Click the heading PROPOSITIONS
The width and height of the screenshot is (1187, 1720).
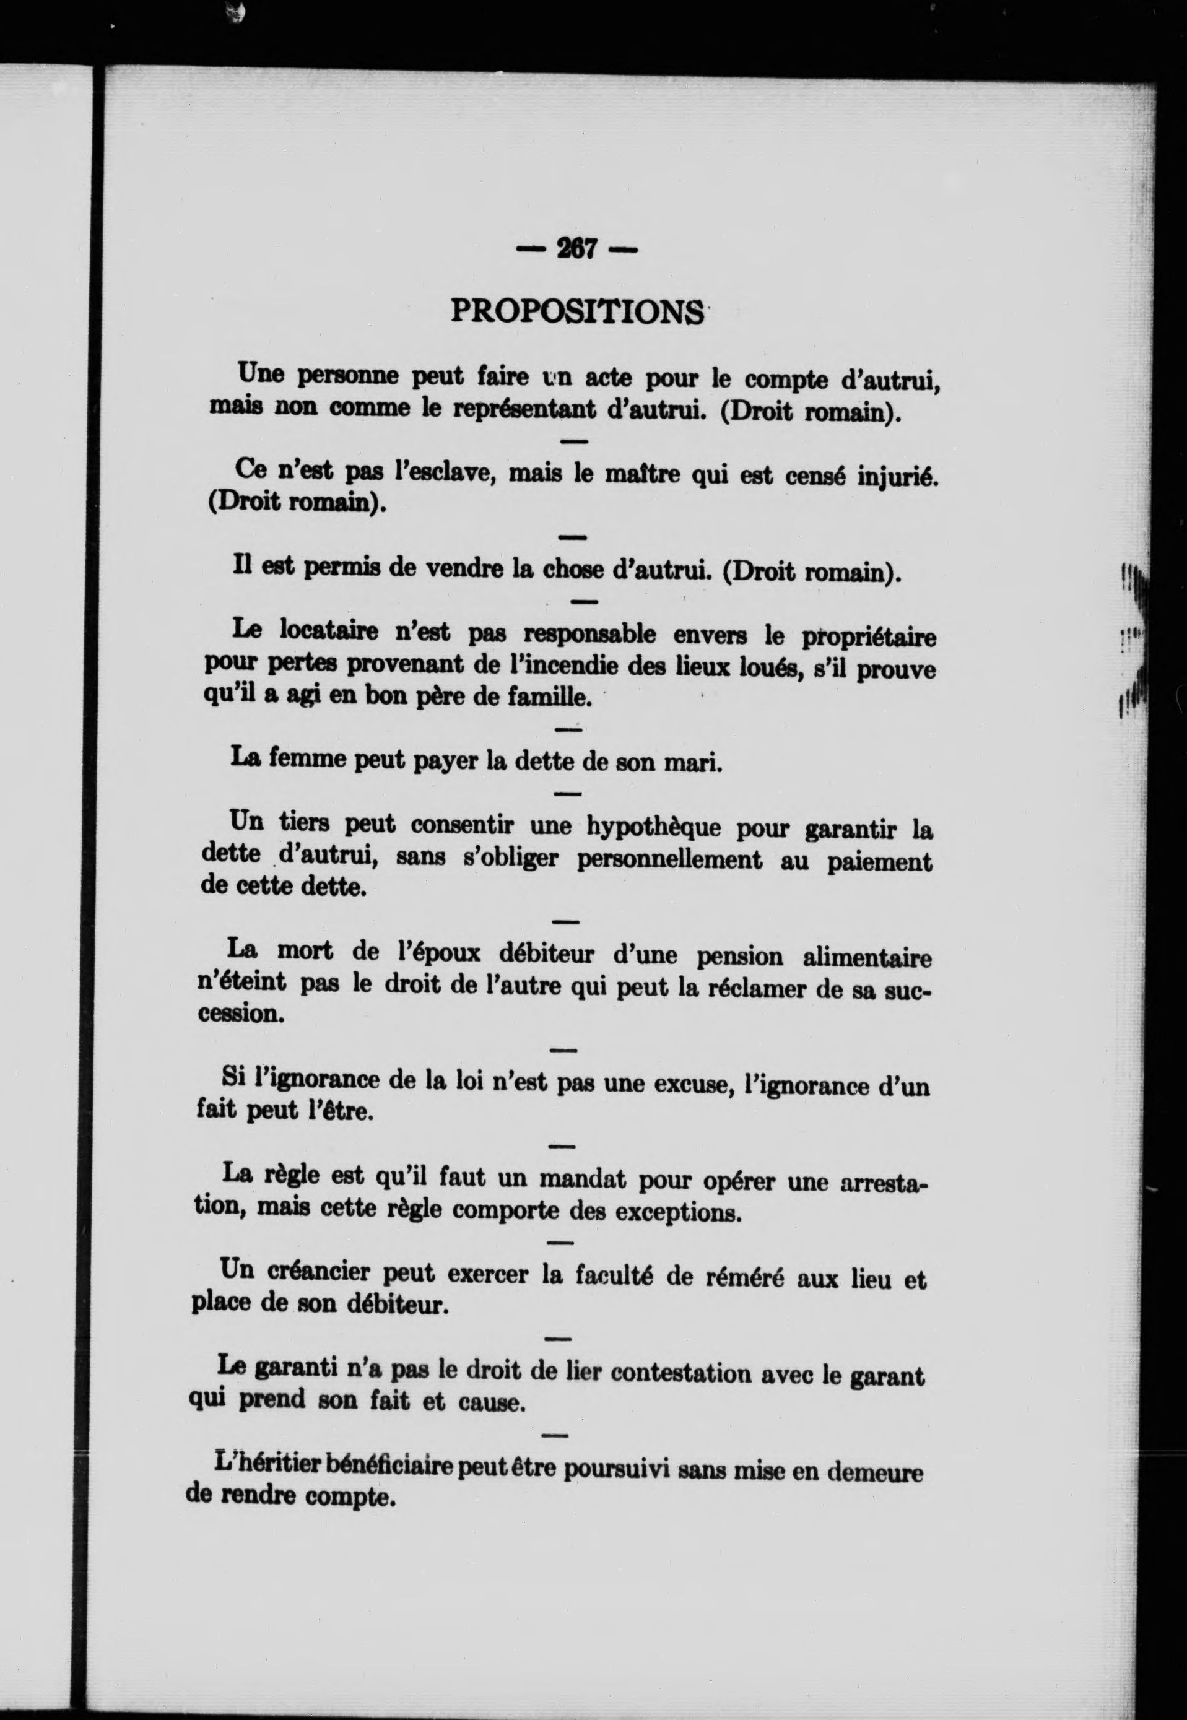click(x=577, y=311)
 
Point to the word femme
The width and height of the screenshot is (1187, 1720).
click(x=306, y=758)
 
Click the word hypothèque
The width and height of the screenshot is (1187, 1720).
click(x=654, y=826)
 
